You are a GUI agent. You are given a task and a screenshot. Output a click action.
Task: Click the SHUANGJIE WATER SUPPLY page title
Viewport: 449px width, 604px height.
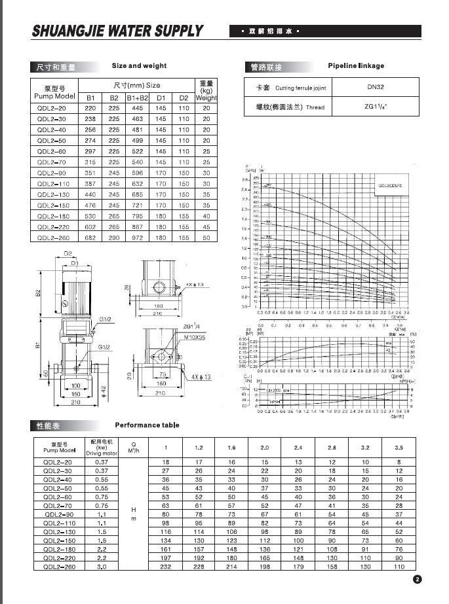118,31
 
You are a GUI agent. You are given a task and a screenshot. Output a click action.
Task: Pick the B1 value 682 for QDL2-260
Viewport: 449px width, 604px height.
90,238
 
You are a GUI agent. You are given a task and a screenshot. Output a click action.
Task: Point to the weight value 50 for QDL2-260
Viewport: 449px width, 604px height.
206,238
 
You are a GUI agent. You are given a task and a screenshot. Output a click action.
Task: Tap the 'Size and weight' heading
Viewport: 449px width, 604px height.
139,66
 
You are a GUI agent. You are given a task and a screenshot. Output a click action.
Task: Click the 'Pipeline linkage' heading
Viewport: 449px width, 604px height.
356,66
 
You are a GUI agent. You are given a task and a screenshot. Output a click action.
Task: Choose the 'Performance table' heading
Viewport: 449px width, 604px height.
147,425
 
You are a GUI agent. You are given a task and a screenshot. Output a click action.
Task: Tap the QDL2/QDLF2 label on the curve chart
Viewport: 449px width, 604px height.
388,186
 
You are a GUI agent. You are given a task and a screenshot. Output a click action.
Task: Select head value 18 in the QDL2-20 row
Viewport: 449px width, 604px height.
165,462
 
